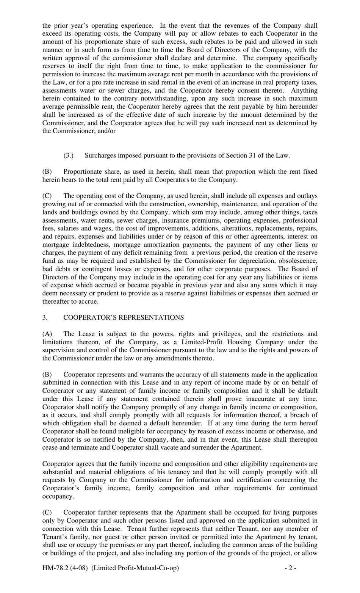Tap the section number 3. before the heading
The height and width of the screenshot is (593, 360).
point(45,317)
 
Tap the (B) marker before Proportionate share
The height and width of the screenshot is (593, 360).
point(47,171)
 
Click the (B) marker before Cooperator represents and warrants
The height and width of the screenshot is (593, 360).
point(47,374)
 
